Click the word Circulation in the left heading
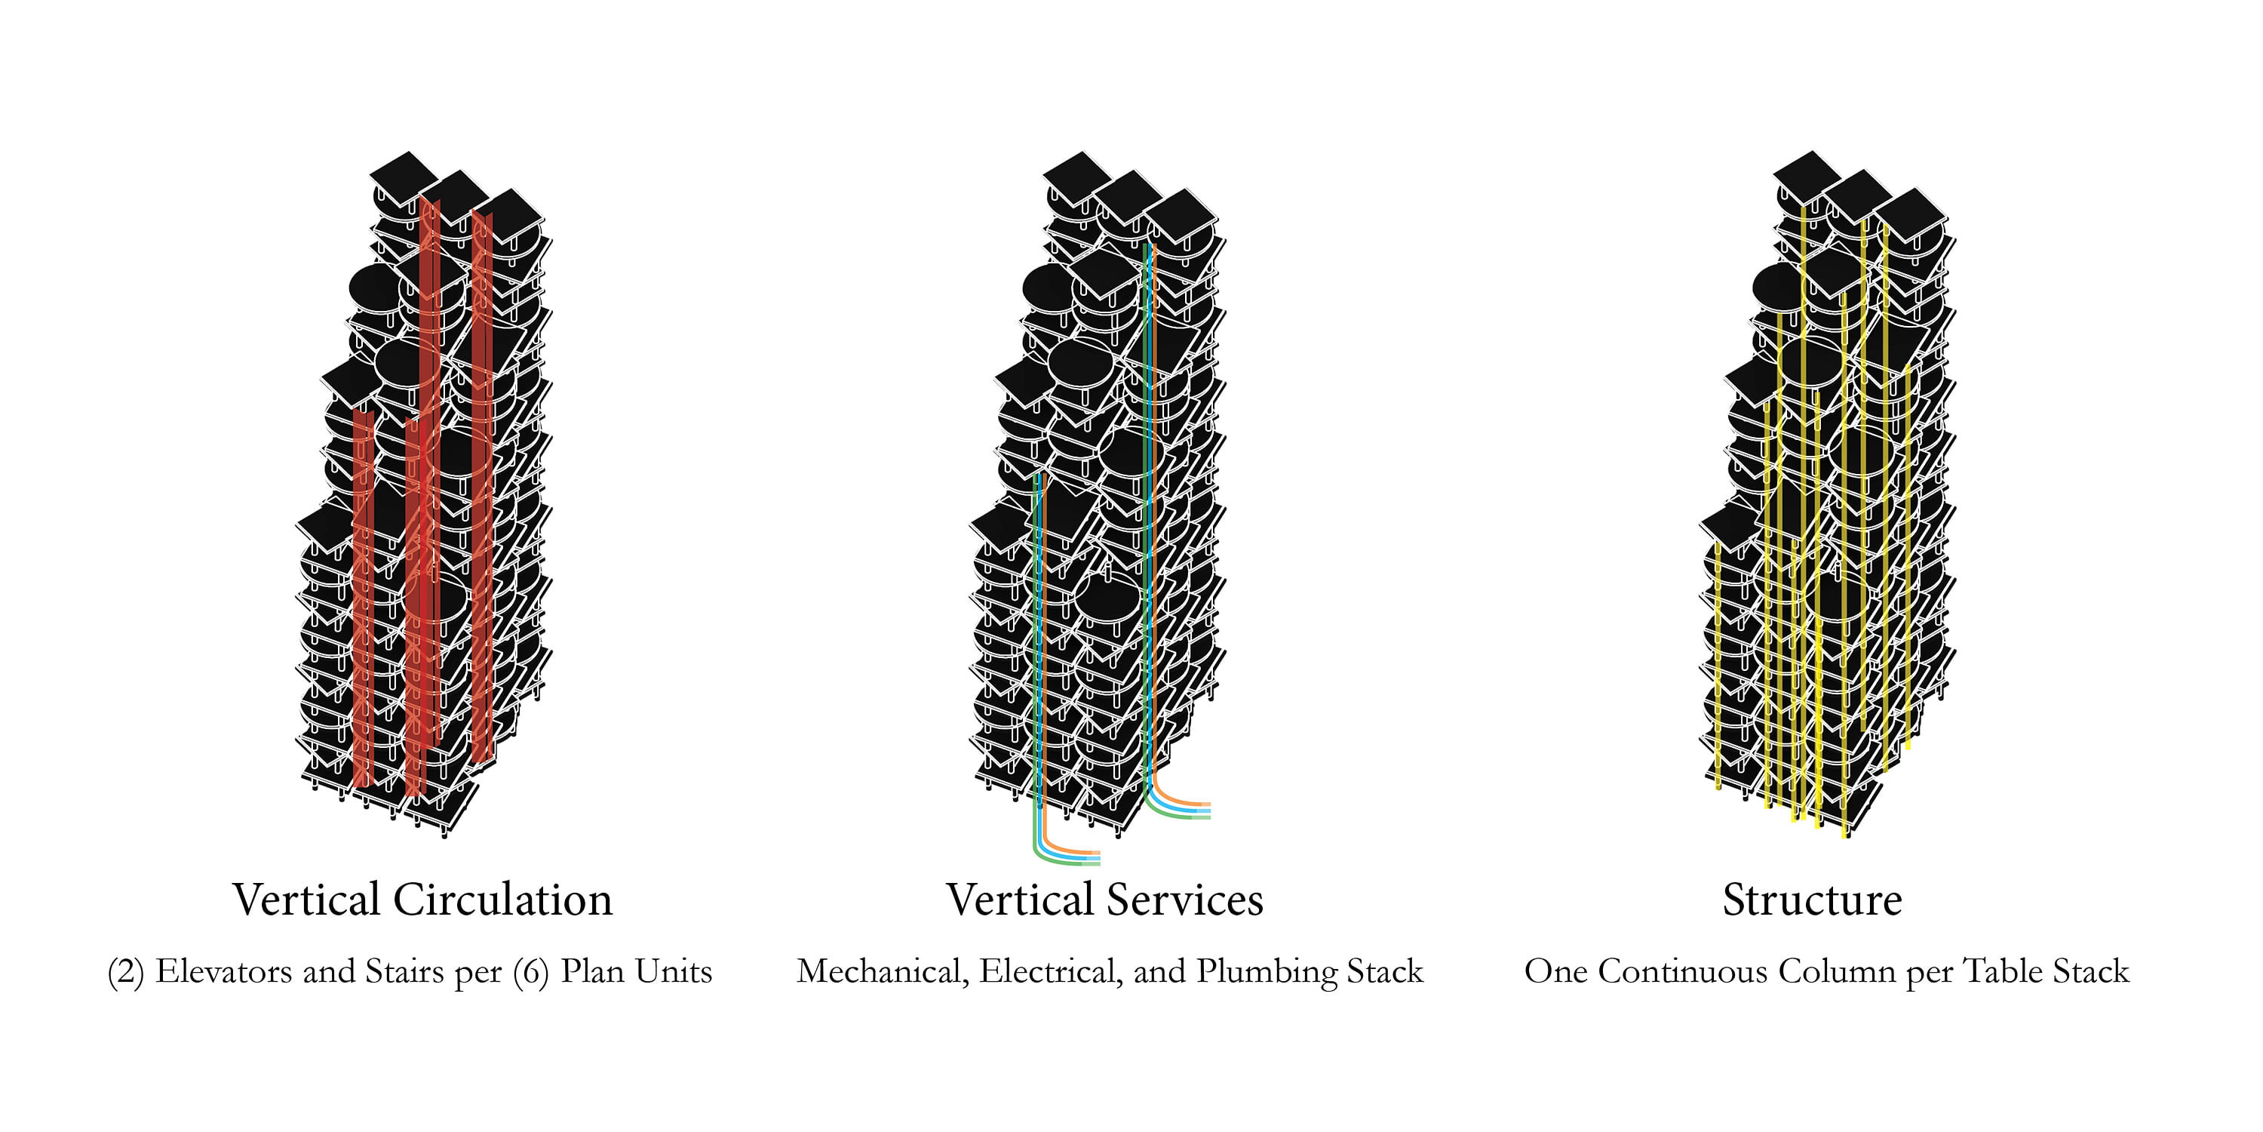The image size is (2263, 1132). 502,900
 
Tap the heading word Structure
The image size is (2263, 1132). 1813,900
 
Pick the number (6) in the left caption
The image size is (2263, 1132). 530,972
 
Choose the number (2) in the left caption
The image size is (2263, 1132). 126,972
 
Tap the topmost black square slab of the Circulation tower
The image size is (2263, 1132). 404,178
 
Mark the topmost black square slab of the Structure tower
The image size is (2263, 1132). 1807,178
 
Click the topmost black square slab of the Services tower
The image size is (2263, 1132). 1078,178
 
